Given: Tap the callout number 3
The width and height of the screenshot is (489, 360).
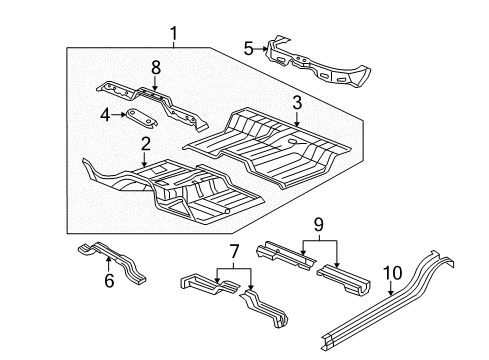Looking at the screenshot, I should (x=297, y=103).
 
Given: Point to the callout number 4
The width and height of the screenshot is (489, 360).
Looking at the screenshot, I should (x=105, y=117).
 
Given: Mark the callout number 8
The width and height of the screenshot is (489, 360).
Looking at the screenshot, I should (x=155, y=69).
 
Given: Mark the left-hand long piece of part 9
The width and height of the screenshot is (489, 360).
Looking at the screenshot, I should (x=290, y=257).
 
